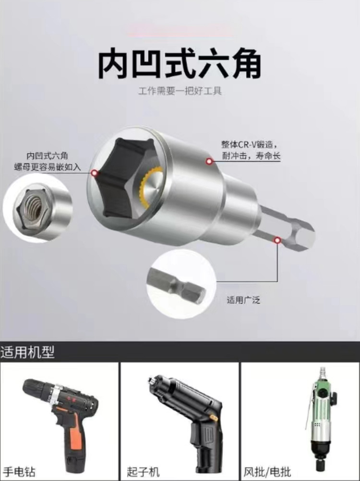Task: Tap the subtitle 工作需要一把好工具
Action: click(180, 91)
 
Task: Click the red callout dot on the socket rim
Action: click(95, 173)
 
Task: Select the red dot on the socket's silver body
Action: click(209, 161)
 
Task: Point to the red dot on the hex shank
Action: click(277, 240)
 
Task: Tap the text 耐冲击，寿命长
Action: click(251, 156)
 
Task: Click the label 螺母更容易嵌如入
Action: click(48, 167)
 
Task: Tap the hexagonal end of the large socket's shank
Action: click(303, 235)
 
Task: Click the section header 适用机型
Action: click(27, 352)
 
